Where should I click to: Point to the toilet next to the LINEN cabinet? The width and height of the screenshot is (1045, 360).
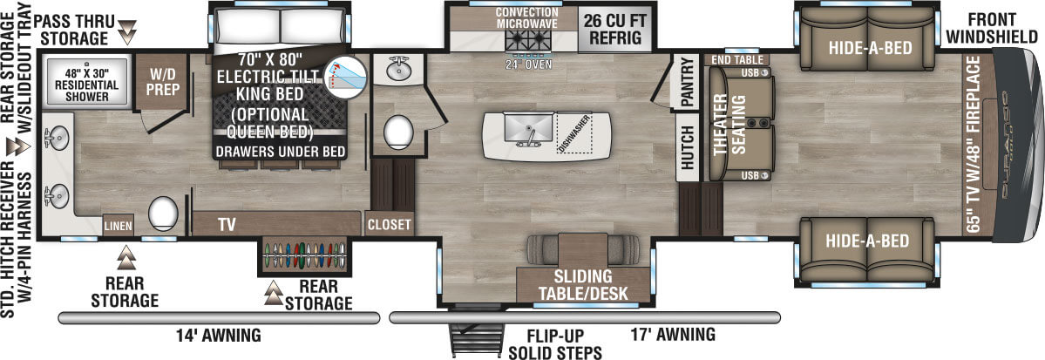(x=164, y=212)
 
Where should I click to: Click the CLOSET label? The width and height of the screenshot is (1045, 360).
(x=389, y=224)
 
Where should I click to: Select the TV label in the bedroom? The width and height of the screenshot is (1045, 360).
(x=227, y=224)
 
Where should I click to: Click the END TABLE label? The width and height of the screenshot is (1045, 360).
(x=736, y=58)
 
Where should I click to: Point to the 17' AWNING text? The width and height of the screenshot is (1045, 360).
(x=674, y=334)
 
